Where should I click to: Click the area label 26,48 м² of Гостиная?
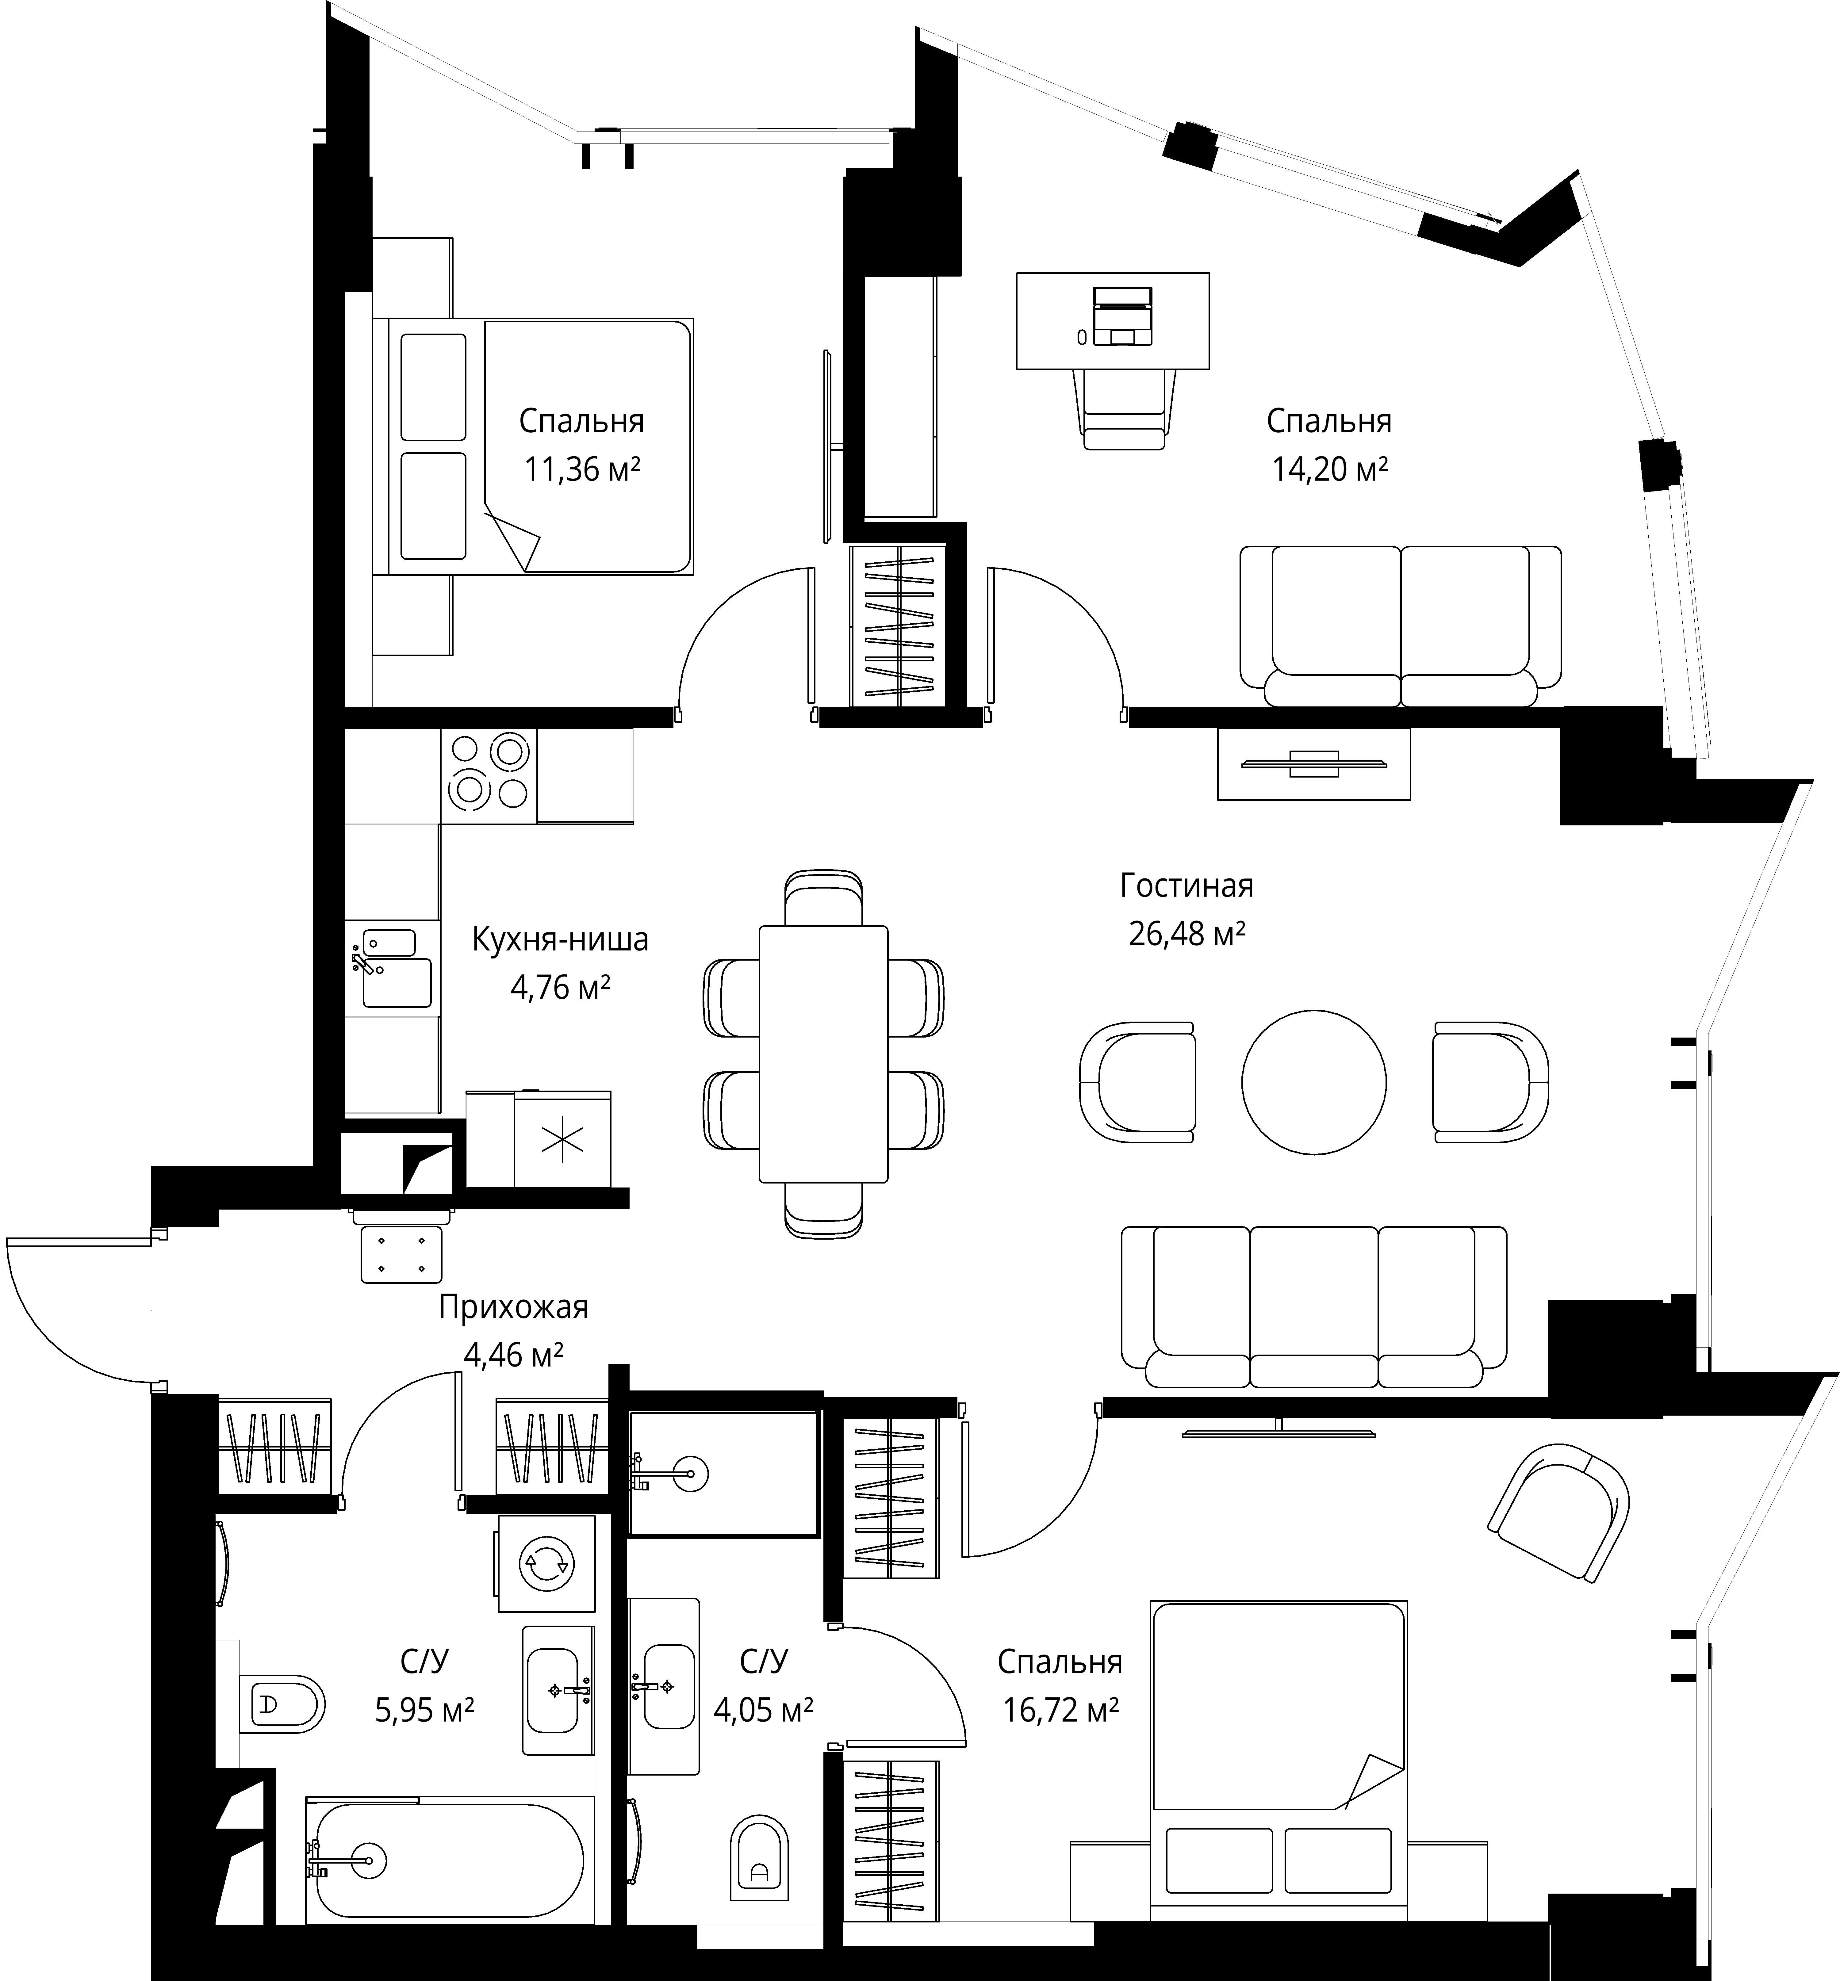click(x=1187, y=934)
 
